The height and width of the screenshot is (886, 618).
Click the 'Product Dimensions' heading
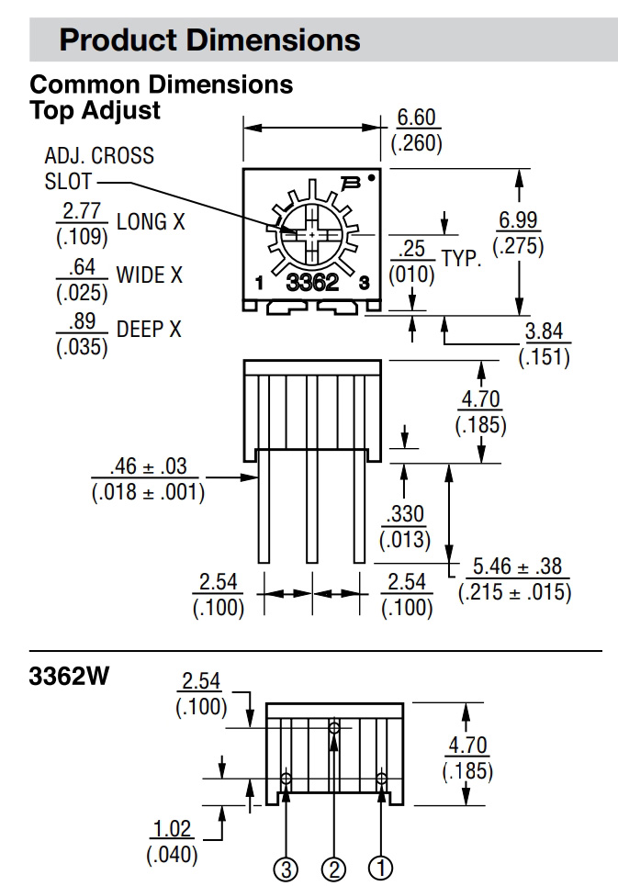209,40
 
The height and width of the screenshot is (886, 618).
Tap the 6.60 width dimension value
417,118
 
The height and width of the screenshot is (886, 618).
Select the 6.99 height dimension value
518,221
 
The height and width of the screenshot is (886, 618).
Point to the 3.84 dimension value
544,332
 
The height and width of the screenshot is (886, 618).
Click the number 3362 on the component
312,284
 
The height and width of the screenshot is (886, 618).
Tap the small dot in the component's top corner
371,178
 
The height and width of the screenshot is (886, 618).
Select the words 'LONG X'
142,221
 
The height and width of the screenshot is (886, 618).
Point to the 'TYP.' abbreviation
461,258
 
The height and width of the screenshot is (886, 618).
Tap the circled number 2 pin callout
334,869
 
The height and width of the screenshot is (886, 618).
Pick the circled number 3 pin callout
287,869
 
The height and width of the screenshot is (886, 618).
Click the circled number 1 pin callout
381,869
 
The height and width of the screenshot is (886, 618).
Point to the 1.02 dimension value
172,830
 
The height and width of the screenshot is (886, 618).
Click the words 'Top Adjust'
96,110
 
